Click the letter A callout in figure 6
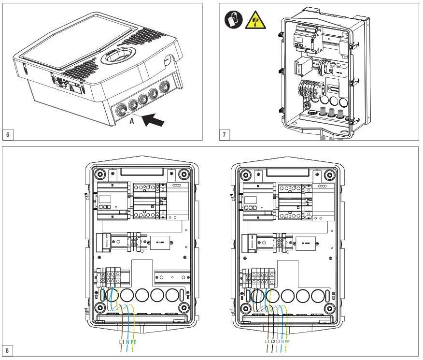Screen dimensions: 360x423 [x=131, y=121]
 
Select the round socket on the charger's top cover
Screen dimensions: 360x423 [x=119, y=57]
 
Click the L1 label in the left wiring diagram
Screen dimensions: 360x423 [x=122, y=342]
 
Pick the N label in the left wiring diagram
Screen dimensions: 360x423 [x=127, y=342]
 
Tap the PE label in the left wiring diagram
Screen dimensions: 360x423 [x=134, y=342]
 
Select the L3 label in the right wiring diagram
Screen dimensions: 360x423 [x=278, y=342]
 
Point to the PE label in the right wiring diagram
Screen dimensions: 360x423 [x=287, y=342]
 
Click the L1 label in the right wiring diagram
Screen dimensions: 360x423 [x=267, y=342]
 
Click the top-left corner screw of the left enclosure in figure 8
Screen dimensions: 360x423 [x=99, y=174]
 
